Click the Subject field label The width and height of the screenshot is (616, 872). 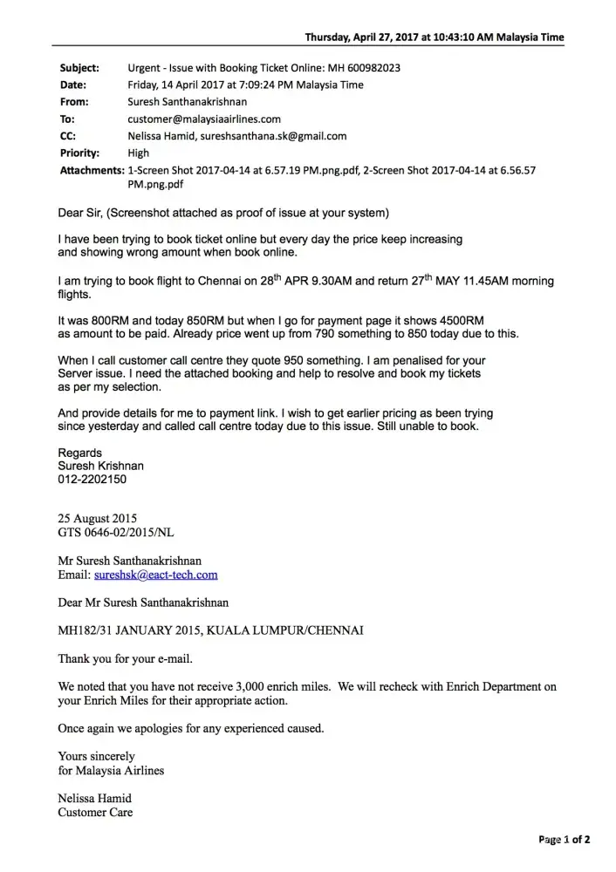point(78,68)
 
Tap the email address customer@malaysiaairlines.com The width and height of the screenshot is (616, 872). point(204,119)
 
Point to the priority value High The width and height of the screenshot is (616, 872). point(138,153)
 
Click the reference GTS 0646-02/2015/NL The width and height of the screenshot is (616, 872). point(120,531)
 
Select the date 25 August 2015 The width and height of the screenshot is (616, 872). point(97,518)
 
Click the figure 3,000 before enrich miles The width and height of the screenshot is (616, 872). point(288,687)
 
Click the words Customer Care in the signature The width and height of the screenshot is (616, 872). point(95,813)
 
